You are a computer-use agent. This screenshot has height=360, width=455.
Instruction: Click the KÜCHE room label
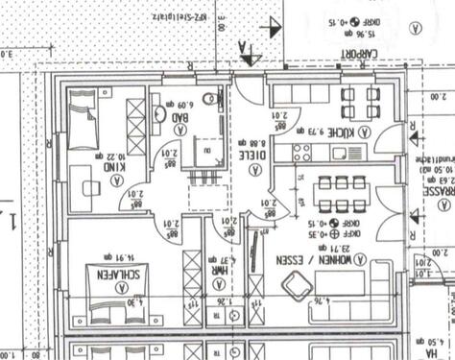343,132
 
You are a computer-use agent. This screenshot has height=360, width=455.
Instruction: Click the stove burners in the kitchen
299,152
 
